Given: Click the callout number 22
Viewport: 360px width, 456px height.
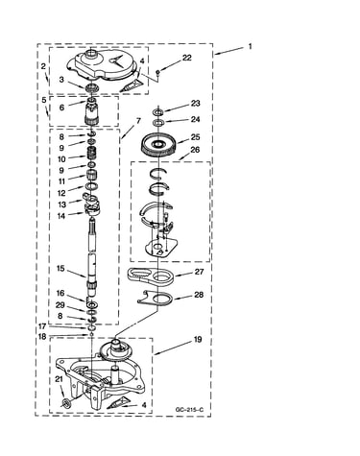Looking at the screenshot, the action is (187, 58).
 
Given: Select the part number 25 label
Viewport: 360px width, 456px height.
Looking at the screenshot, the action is (195, 137).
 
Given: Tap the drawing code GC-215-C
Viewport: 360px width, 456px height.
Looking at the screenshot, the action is (189, 409).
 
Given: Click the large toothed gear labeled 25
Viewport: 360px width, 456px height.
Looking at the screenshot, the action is (158, 145).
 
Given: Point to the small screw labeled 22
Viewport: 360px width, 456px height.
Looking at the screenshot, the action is (157, 72).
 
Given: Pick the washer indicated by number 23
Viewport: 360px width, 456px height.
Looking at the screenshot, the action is (158, 112).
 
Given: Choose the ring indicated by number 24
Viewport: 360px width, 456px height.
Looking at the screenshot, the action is (158, 122).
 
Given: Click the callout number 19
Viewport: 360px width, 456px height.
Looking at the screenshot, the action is (198, 339).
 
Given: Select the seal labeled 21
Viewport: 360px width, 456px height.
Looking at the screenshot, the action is (66, 402).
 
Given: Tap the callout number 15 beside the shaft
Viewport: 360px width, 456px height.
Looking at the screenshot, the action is (60, 268).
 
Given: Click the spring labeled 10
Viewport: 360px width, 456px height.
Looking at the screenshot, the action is (92, 152).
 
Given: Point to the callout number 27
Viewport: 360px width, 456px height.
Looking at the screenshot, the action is (200, 272).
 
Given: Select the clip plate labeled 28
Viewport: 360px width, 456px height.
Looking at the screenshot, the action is (156, 300).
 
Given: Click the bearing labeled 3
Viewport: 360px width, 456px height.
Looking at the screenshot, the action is (92, 87).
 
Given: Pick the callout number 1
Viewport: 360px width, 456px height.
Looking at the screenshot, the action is (250, 47).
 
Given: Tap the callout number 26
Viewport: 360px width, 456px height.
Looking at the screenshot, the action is (195, 150).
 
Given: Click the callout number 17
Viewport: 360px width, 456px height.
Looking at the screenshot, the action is (42, 326).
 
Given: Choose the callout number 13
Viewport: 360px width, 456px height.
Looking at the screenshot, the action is (61, 204).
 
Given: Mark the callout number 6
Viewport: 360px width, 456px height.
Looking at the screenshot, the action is (61, 108).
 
